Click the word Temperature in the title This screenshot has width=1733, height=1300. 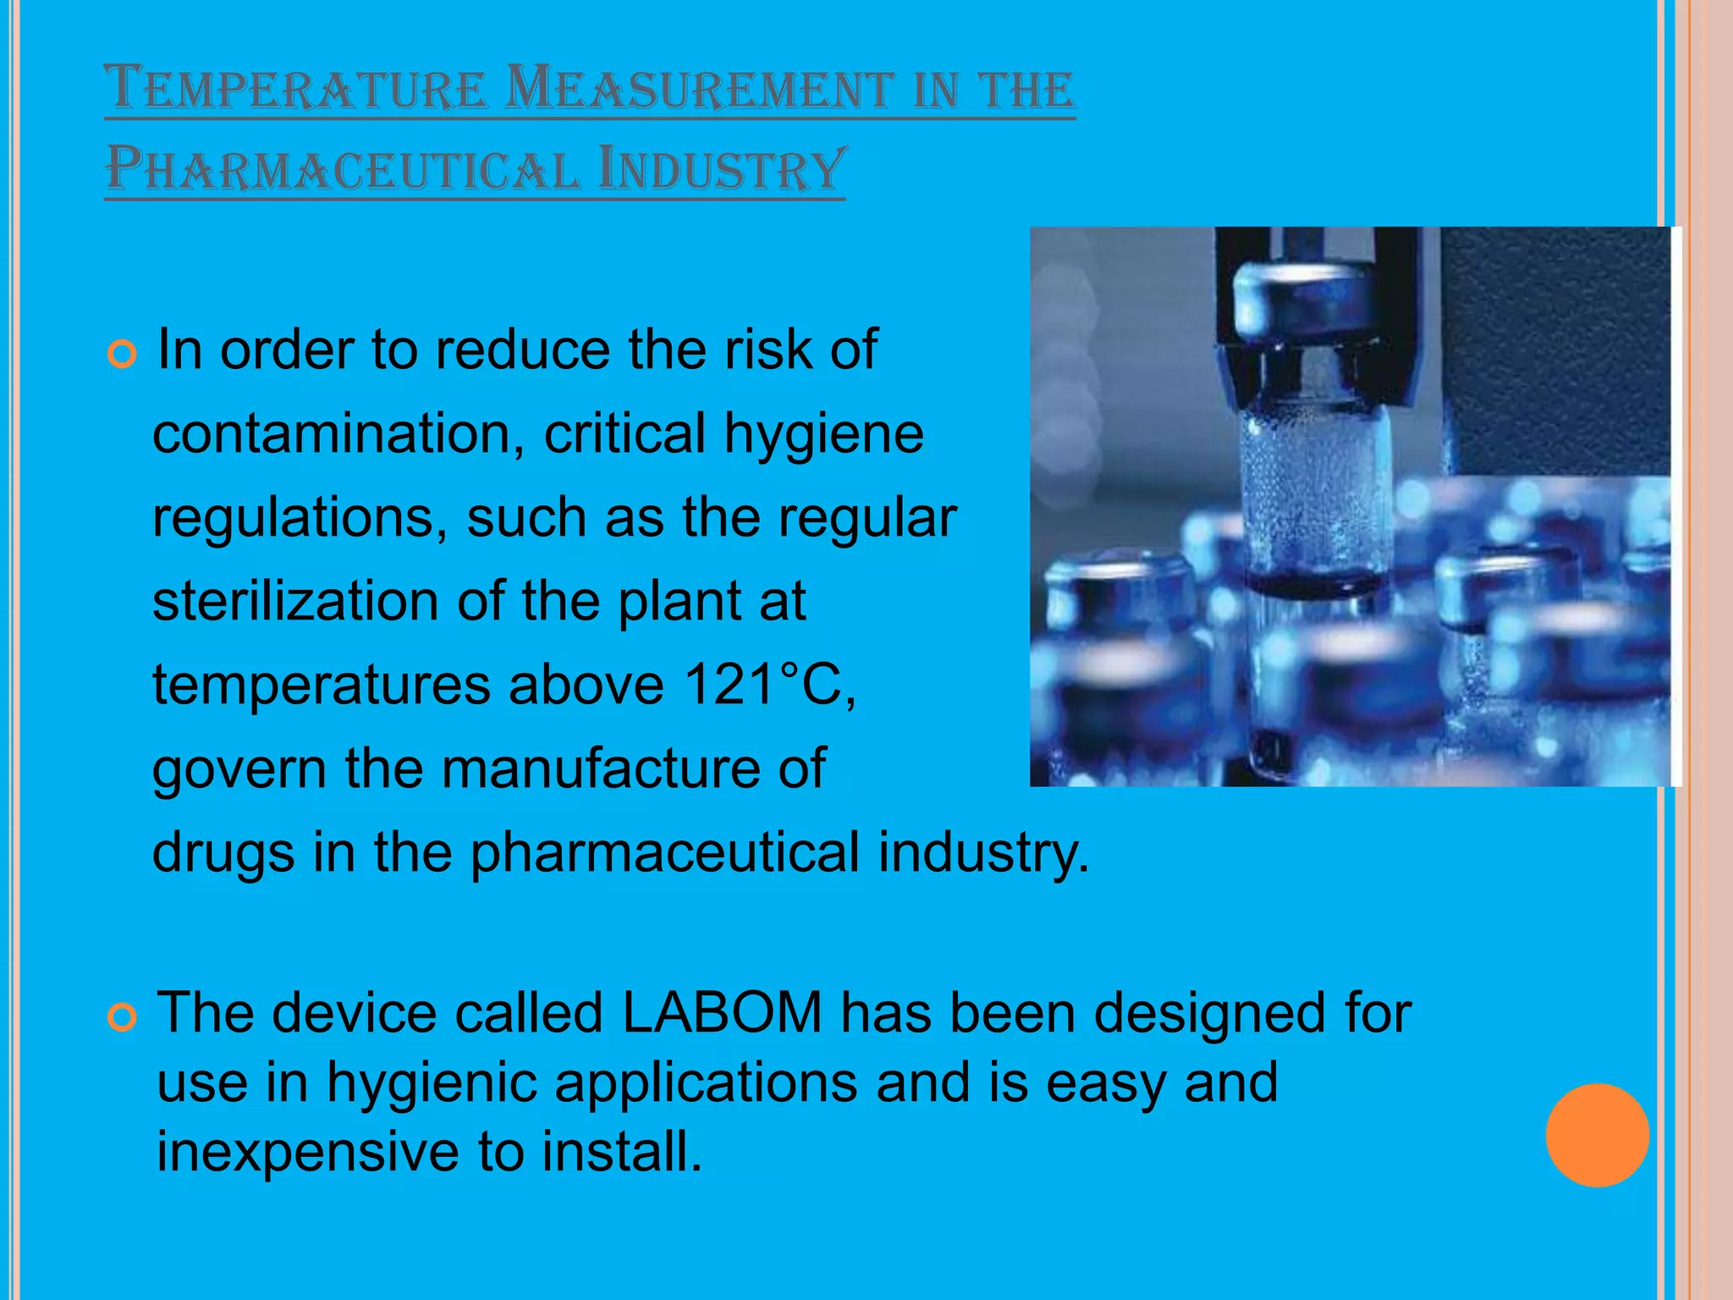coord(296,88)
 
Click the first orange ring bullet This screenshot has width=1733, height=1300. coord(123,355)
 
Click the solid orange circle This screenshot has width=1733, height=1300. coord(1597,1135)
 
